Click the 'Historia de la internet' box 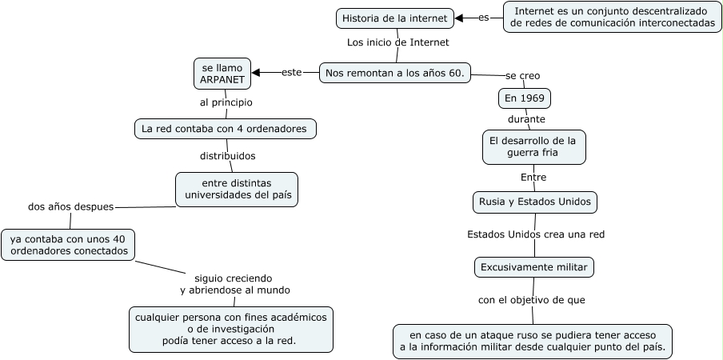click(x=396, y=18)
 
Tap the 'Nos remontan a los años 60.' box click(x=395, y=73)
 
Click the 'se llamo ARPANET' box click(x=222, y=74)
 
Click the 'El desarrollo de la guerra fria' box click(x=533, y=146)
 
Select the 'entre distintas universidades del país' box click(x=237, y=189)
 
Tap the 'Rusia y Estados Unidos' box click(x=535, y=202)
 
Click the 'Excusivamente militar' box click(x=533, y=266)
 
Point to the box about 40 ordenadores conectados click(x=68, y=245)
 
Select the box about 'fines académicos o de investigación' click(x=230, y=329)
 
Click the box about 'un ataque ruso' click(x=532, y=341)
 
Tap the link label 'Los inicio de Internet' click(x=397, y=42)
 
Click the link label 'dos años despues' click(x=70, y=206)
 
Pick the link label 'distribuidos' click(x=227, y=156)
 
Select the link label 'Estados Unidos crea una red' click(x=535, y=234)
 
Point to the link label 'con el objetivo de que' click(x=531, y=301)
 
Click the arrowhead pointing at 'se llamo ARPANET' click(x=257, y=73)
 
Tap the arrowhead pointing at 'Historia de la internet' click(x=460, y=18)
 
